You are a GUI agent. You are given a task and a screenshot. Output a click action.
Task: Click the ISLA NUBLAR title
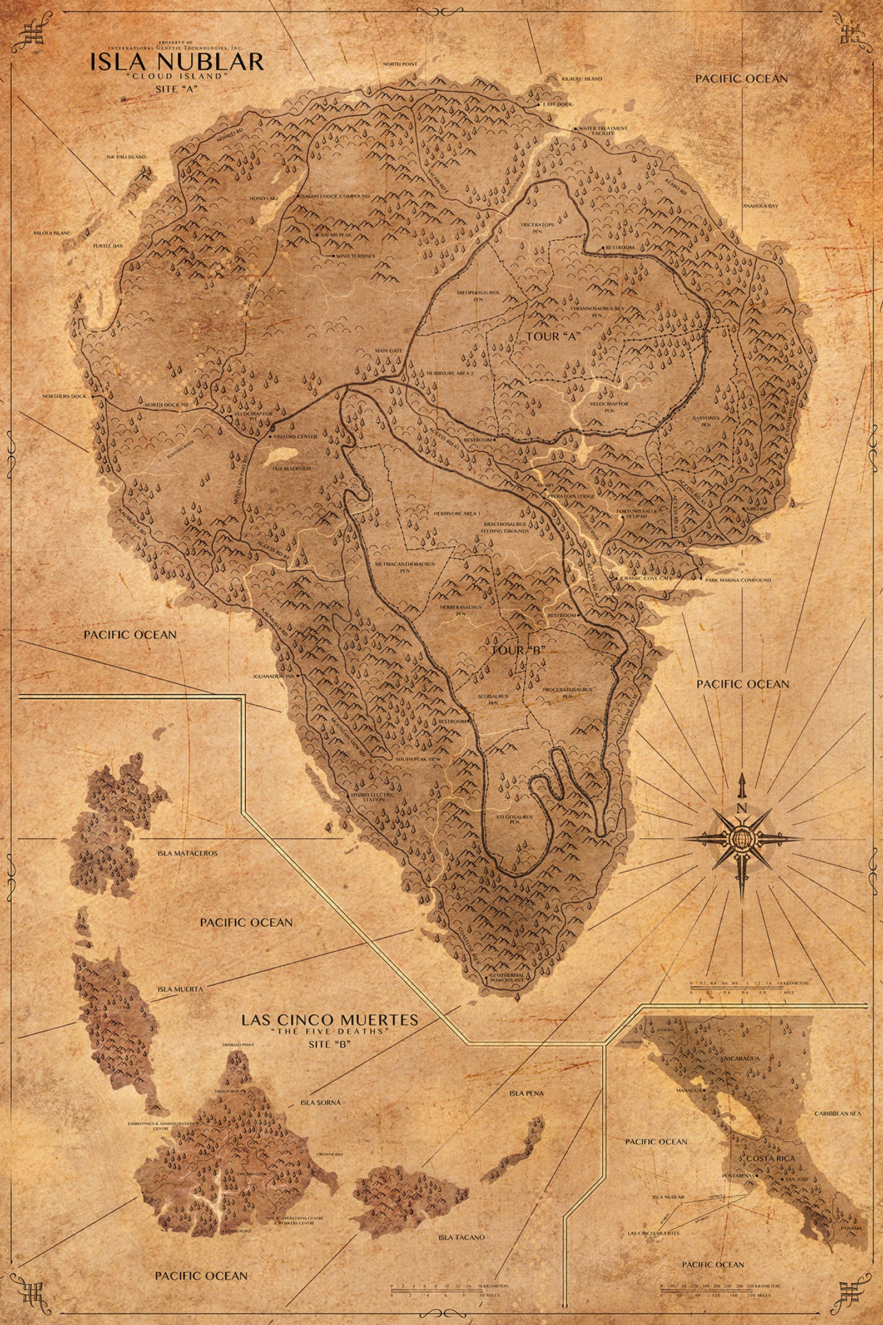(177, 61)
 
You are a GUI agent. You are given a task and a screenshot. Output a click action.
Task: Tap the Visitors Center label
(296, 437)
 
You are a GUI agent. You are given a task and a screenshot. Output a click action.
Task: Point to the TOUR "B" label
(519, 650)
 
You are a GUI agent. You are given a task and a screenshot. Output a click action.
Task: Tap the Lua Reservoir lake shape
(281, 453)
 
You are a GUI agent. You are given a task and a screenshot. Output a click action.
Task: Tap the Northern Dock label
(64, 396)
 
